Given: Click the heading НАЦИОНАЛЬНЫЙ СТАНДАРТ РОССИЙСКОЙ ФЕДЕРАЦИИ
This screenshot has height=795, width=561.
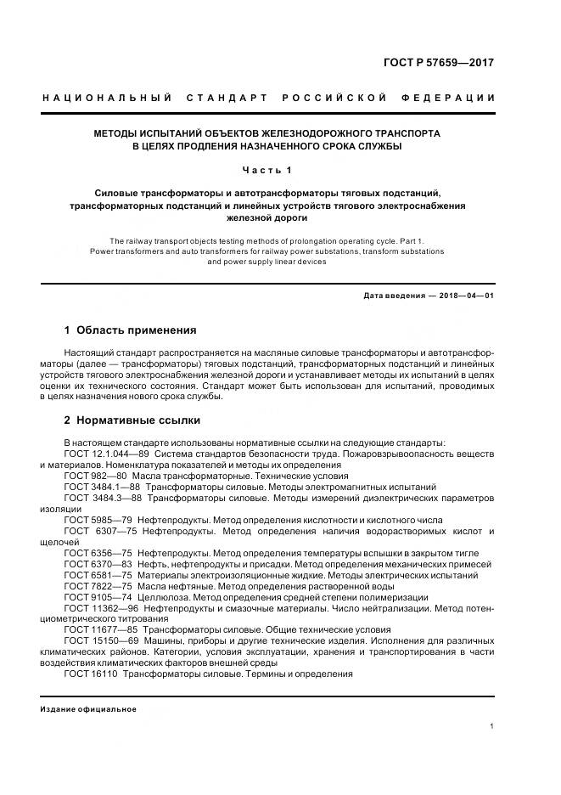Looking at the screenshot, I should tap(269, 98).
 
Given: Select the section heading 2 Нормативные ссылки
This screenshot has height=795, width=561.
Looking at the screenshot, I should tap(132, 420).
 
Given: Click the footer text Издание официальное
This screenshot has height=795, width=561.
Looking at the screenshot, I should tap(88, 709).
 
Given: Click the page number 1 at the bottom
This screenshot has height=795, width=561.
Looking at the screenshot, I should tap(492, 726).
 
